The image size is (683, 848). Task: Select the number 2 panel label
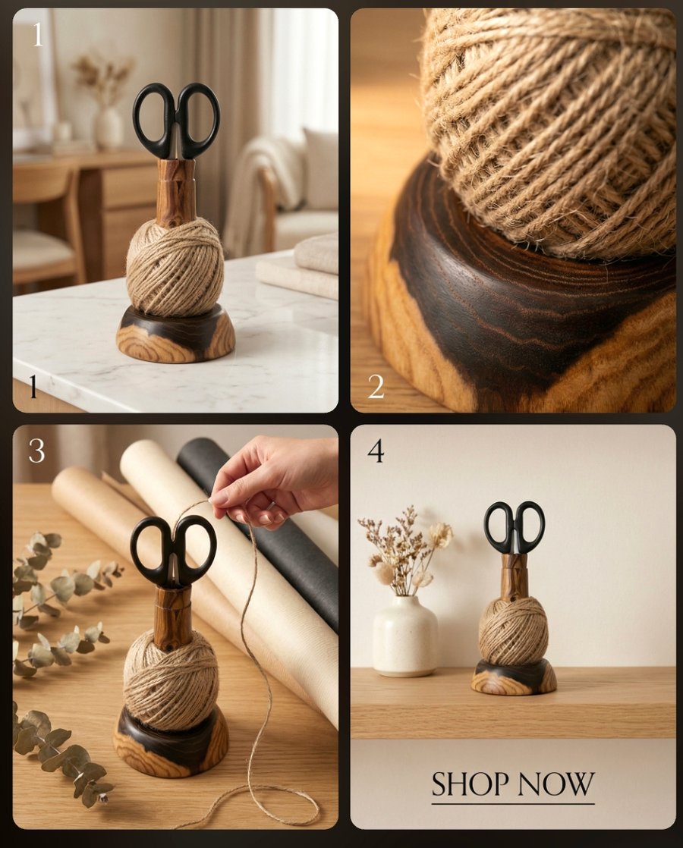click(376, 387)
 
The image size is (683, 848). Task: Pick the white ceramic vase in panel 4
click(405, 636)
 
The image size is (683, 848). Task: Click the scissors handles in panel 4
click(515, 525)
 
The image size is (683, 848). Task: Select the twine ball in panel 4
click(513, 630)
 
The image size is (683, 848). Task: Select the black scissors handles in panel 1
click(176, 118)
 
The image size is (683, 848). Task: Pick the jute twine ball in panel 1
click(175, 267)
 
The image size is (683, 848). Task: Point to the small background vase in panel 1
click(108, 127)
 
